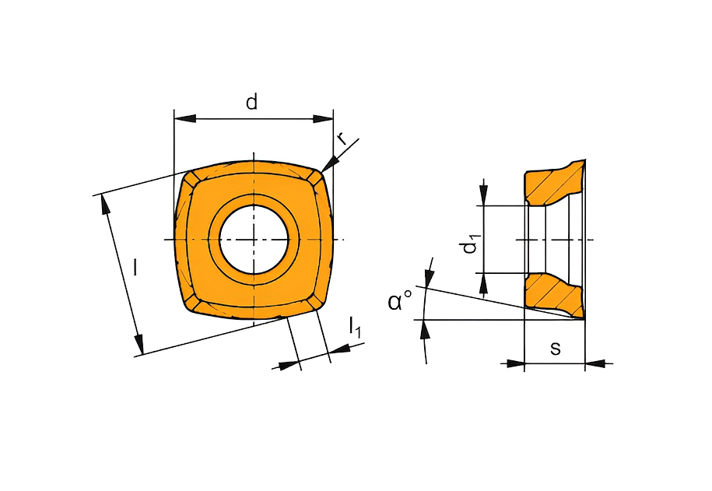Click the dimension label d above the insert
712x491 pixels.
(251, 102)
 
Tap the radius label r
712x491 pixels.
(342, 139)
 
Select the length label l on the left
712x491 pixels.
(135, 267)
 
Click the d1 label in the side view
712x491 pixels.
(469, 244)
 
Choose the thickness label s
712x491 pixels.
(556, 349)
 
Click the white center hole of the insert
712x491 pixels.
(254, 240)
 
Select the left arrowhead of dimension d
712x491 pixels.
(185, 118)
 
